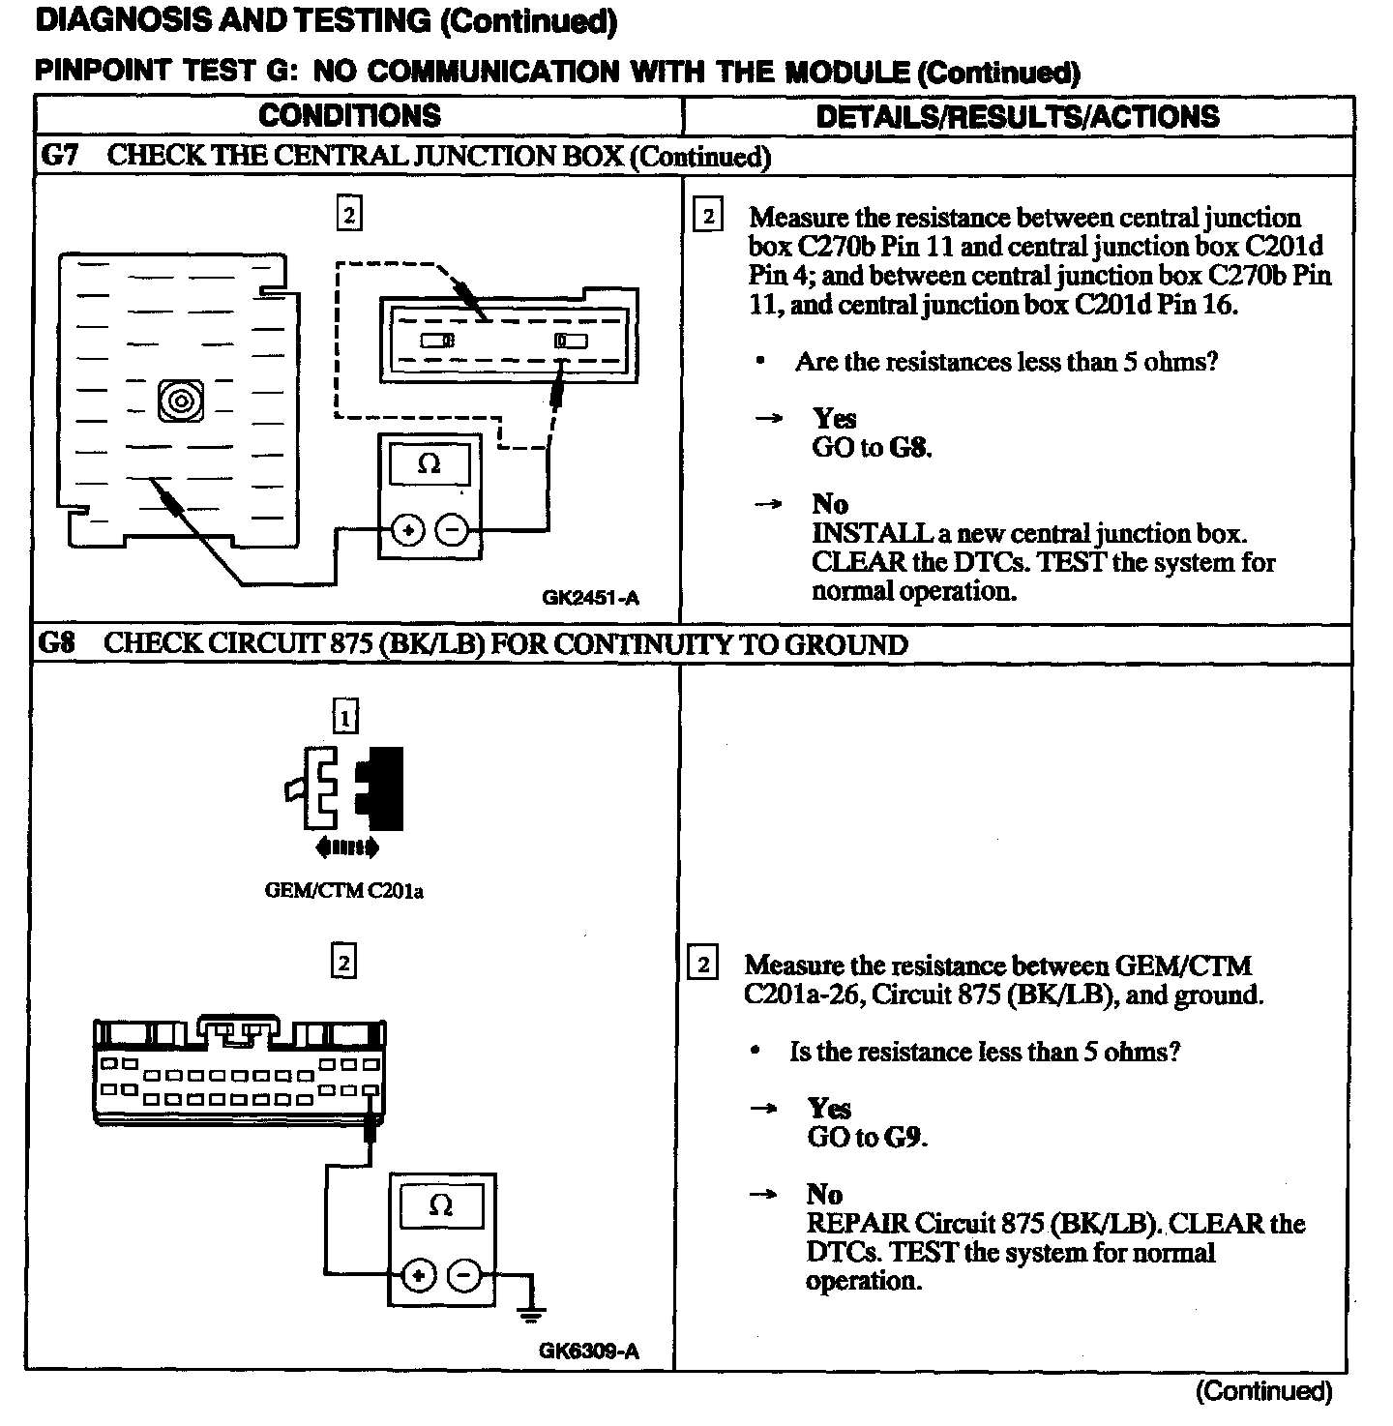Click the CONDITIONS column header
[349, 115]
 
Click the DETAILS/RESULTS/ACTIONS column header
[1018, 116]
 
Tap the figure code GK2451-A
[590, 598]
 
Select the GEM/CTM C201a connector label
[343, 891]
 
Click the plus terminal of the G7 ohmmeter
[407, 529]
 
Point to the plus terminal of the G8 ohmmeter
[418, 1276]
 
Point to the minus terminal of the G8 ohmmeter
[464, 1276]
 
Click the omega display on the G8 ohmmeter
[440, 1206]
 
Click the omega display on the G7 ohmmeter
[429, 464]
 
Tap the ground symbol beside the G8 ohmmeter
[530, 1312]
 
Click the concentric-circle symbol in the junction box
[181, 401]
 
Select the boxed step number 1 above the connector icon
[344, 718]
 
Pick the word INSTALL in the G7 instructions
[858, 533]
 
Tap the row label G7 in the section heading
[59, 156]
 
